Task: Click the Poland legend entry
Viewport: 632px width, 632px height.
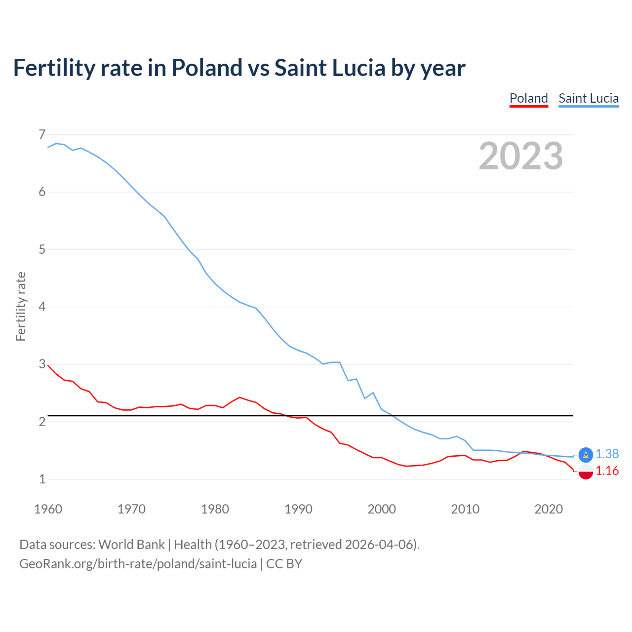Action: tap(528, 98)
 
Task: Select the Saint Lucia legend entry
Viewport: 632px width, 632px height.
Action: tap(589, 98)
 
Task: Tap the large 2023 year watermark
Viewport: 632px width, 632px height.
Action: tap(520, 156)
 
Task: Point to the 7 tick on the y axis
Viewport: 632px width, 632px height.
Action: tap(42, 134)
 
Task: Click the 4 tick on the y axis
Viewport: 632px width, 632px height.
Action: tap(42, 307)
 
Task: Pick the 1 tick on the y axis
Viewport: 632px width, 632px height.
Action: tap(42, 479)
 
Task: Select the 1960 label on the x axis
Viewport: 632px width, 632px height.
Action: tap(48, 509)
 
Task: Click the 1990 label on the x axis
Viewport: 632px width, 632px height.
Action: tap(298, 509)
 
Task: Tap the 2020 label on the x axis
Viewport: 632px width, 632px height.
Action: tap(549, 509)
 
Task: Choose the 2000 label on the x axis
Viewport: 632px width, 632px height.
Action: tap(382, 509)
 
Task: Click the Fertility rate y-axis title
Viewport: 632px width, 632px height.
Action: tap(21, 306)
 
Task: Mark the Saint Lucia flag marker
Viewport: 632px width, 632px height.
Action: tap(586, 455)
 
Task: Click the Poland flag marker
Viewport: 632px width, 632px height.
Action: tap(586, 472)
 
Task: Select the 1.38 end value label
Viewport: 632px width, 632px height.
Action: tap(607, 454)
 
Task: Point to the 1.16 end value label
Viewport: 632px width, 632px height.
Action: tap(607, 471)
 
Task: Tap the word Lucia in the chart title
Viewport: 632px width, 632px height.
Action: tap(358, 68)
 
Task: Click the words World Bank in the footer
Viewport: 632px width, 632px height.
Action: tap(131, 545)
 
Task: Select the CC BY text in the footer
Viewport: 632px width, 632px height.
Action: tap(284, 564)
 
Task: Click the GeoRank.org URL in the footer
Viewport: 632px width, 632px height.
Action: tap(138, 564)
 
